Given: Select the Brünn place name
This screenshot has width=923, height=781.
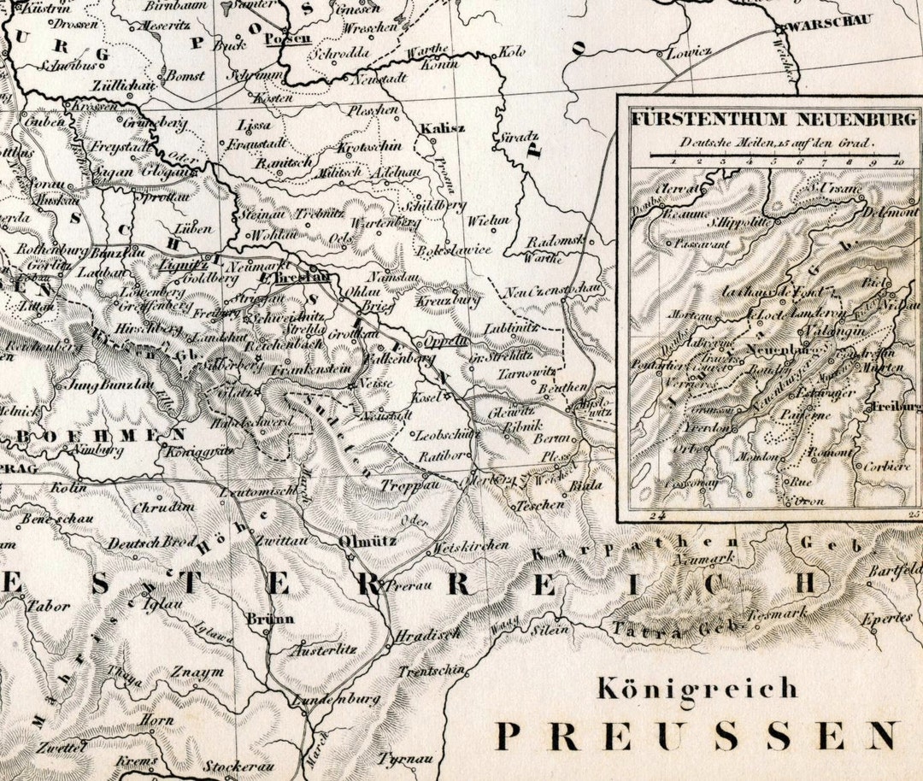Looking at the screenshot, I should click(269, 618).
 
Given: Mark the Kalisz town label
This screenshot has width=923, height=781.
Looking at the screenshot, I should click(442, 128).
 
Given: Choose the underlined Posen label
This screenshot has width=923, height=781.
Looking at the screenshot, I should click(287, 38).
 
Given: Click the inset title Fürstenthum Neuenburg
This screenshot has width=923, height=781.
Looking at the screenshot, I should click(773, 119).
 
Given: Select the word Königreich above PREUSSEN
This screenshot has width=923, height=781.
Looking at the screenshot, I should click(697, 688).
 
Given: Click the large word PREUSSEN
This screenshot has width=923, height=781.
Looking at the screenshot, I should click(697, 735).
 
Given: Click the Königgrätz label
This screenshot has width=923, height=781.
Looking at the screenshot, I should click(198, 451).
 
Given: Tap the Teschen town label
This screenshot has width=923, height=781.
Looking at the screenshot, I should click(540, 505).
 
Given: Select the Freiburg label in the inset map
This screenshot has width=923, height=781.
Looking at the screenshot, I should click(896, 407).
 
